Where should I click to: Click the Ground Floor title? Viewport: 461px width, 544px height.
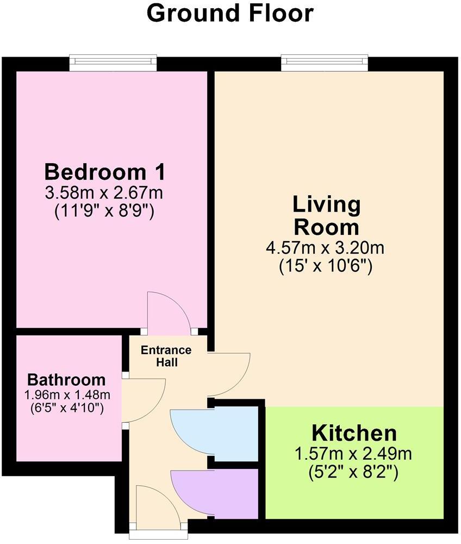click(x=230, y=13)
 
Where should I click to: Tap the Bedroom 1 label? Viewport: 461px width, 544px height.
click(x=104, y=172)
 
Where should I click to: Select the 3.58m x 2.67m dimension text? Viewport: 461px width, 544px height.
click(x=104, y=193)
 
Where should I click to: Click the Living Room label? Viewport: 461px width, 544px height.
click(x=326, y=215)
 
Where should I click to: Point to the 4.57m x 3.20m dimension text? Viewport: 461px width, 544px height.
click(x=326, y=249)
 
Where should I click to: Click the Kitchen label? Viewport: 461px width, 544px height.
click(x=354, y=434)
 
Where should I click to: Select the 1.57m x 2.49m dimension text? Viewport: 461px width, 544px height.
click(x=354, y=454)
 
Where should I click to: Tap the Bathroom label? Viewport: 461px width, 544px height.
click(x=66, y=379)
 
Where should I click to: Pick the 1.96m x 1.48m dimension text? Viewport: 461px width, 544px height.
click(x=66, y=394)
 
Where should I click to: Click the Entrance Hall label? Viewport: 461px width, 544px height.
click(x=166, y=356)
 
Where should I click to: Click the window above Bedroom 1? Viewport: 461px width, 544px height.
click(x=113, y=63)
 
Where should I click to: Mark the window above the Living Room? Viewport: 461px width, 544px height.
click(x=325, y=63)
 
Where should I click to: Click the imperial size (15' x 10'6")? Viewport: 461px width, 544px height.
click(x=326, y=267)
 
